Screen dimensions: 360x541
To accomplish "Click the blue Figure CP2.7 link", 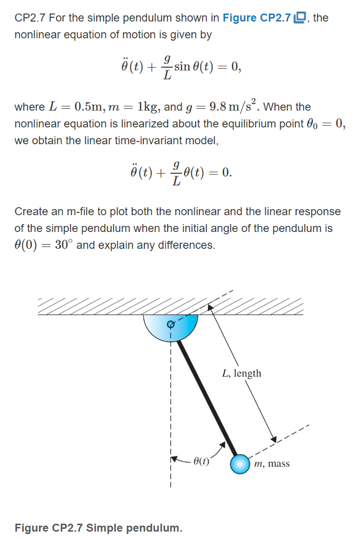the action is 257,18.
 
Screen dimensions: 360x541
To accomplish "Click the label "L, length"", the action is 242,374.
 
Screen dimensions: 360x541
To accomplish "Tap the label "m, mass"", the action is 271,464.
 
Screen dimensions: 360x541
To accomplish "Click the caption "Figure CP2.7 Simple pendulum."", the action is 99,528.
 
